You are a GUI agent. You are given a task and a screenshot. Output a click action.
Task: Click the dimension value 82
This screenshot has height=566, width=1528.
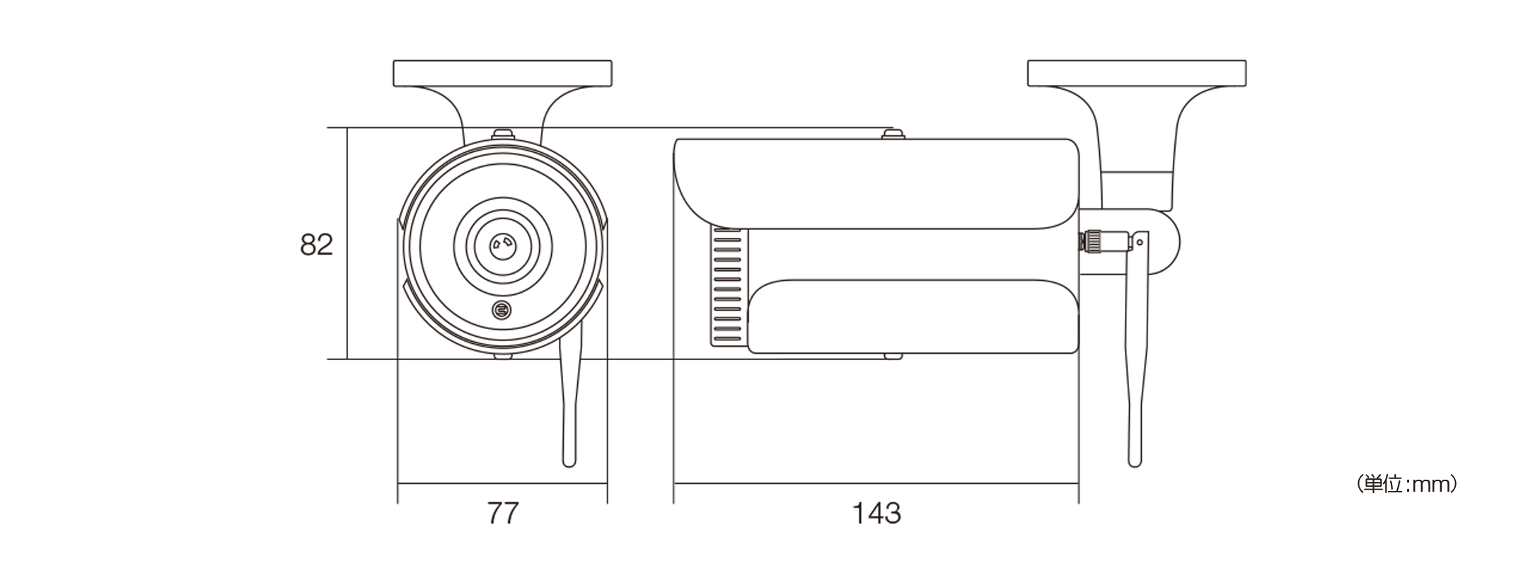[x=316, y=245]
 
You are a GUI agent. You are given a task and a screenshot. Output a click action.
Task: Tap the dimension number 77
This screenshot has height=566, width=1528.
[x=503, y=513]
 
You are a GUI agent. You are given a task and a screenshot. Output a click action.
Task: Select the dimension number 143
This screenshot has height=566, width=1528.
[x=876, y=513]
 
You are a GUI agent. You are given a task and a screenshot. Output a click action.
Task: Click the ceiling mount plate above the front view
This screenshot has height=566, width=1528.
[x=502, y=74]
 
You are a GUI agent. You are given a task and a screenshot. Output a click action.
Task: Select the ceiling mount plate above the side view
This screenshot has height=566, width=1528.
[x=1136, y=74]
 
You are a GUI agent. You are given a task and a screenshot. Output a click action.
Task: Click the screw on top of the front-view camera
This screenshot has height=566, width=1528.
[x=502, y=133]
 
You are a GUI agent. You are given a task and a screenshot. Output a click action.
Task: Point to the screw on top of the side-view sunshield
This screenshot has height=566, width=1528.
[x=893, y=133]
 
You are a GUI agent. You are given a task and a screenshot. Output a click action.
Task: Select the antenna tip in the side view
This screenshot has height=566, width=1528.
[x=1135, y=461]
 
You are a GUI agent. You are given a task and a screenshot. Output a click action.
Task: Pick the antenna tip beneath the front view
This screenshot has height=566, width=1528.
[x=569, y=461]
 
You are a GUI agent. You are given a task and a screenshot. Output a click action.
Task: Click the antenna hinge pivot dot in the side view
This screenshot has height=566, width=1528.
[x=1139, y=243]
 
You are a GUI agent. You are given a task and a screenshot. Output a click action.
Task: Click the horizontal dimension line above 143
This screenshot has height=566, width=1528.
[x=876, y=484]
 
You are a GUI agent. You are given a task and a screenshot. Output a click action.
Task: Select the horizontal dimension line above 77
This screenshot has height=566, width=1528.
[x=502, y=484]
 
